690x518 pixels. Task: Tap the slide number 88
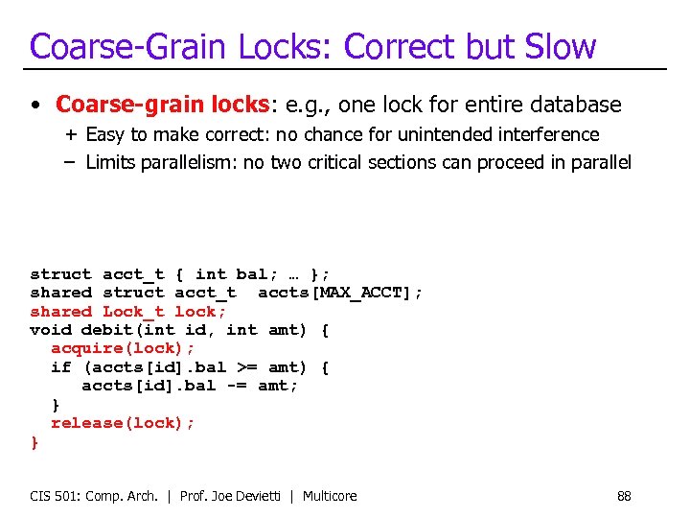tap(624, 496)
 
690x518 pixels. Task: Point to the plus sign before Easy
tap(71, 134)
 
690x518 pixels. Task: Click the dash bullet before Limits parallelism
tap(71, 162)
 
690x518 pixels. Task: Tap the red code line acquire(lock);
tap(123, 348)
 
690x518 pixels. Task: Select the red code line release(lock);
tap(123, 423)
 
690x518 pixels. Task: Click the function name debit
tap(106, 330)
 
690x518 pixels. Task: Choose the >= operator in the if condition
tap(247, 367)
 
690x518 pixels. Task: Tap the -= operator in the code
tap(237, 386)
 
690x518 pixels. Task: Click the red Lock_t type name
tap(133, 311)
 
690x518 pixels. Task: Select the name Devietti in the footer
tap(261, 496)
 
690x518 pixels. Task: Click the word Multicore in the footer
tap(330, 496)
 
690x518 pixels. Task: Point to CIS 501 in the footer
tap(55, 496)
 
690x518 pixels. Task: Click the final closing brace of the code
tap(34, 442)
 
